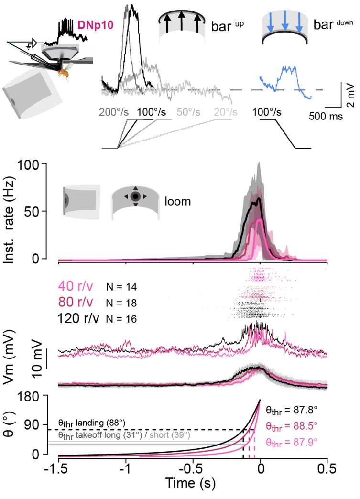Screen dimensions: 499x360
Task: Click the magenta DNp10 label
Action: (94, 24)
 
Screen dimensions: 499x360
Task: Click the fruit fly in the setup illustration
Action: (63, 72)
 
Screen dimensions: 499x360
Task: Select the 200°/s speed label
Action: (116, 112)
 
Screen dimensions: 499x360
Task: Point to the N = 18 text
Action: (121, 303)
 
